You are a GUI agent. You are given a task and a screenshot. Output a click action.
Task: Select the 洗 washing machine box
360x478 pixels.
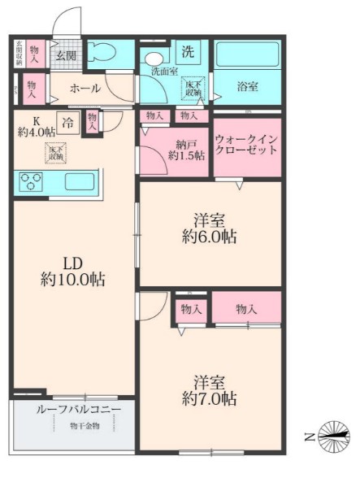pyautogui.click(x=188, y=52)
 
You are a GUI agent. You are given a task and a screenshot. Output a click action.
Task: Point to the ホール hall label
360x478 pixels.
pyautogui.click(x=85, y=88)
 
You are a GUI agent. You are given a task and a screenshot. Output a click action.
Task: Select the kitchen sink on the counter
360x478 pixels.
pyautogui.click(x=78, y=180)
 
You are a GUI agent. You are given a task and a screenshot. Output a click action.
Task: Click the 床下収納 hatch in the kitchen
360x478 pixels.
pyautogui.click(x=57, y=152)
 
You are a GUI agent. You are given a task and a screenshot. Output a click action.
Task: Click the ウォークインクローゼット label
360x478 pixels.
pyautogui.click(x=247, y=146)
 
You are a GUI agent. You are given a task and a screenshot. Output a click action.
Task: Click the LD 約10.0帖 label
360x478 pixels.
pyautogui.click(x=71, y=271)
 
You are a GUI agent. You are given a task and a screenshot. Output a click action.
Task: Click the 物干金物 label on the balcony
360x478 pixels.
pyautogui.click(x=85, y=426)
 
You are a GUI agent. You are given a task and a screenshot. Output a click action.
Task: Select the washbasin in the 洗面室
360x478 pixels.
pyautogui.click(x=152, y=62)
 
